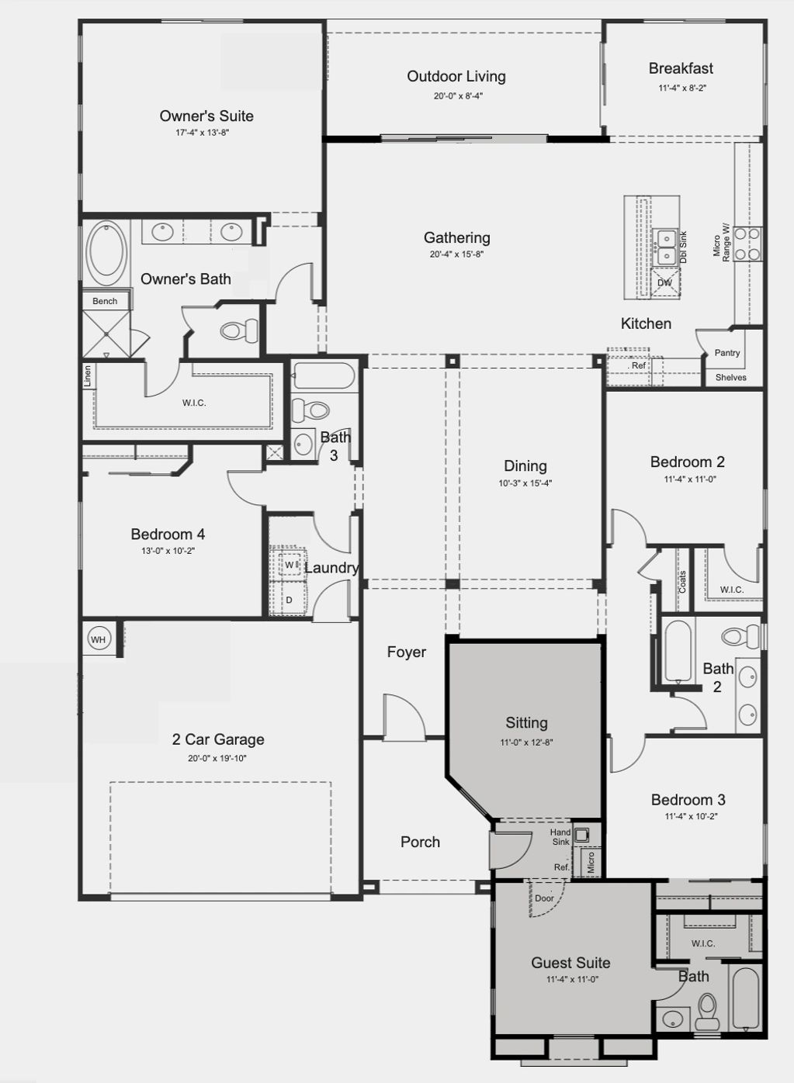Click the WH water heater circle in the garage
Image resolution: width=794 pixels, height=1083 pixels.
(99, 640)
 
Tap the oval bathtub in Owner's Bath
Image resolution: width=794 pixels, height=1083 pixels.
(106, 253)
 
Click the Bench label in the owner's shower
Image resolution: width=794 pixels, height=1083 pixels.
(105, 301)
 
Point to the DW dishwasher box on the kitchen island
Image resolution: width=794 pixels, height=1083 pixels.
(665, 282)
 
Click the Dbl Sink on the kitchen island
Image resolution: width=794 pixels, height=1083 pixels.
(666, 247)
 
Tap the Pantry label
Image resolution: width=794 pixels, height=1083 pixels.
(727, 352)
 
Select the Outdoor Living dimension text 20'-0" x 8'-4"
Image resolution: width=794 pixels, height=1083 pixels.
(458, 95)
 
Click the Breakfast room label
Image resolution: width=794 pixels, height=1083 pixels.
(681, 68)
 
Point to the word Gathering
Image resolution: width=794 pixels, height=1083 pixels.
(456, 237)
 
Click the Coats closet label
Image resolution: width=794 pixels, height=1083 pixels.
(682, 582)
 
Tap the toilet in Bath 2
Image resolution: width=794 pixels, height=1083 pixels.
(740, 635)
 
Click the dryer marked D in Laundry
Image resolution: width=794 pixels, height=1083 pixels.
(289, 600)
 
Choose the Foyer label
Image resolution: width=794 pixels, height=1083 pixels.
(407, 652)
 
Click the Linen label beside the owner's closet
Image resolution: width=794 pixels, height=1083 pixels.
(88, 375)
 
